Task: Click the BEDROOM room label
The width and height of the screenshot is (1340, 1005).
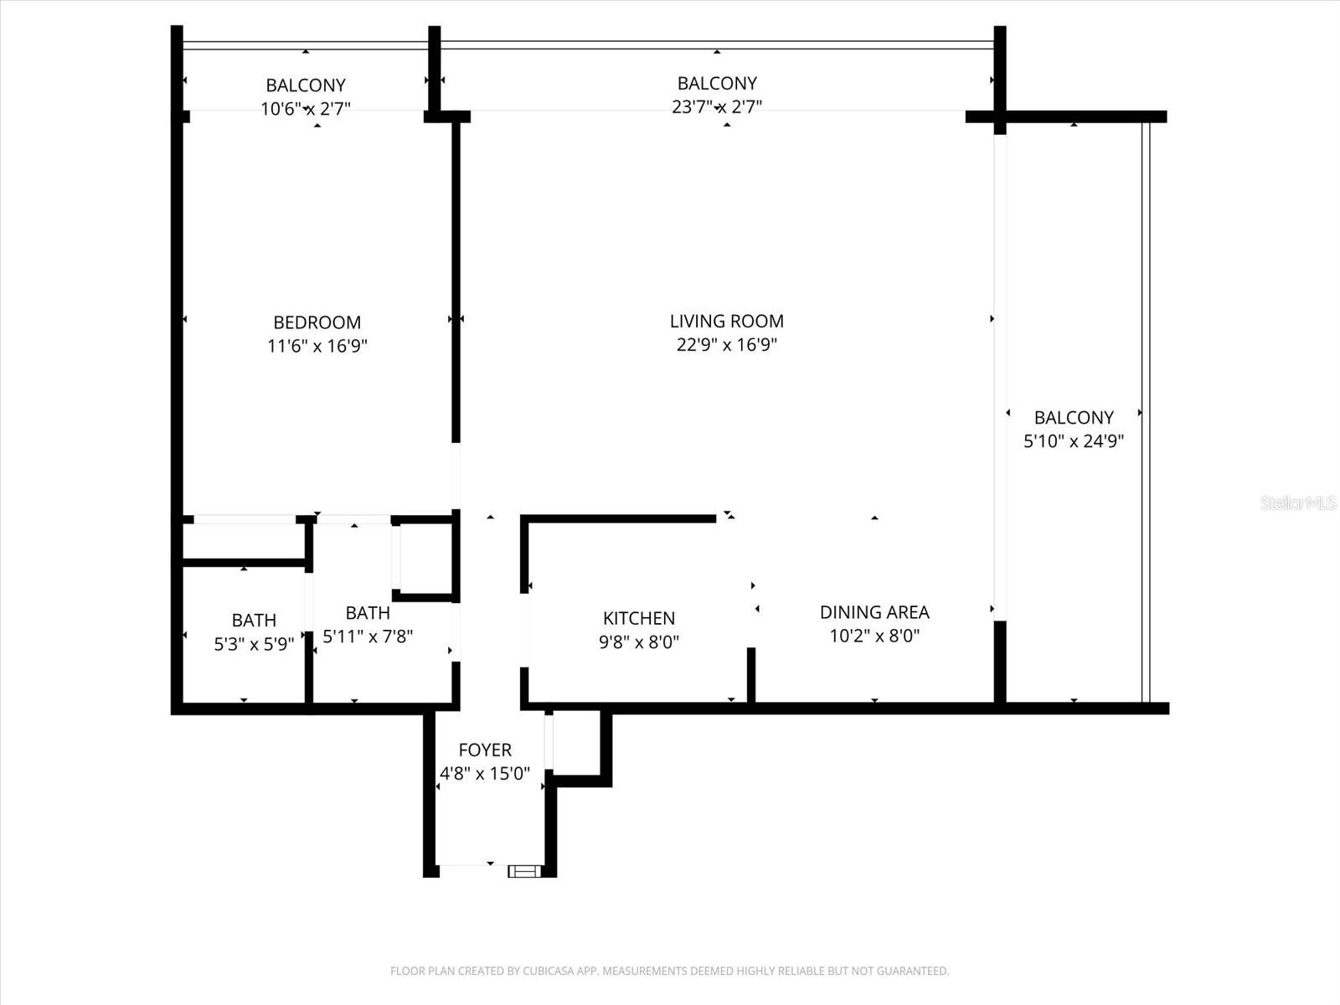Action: [x=317, y=322]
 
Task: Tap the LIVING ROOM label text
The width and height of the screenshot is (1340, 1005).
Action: [x=726, y=321]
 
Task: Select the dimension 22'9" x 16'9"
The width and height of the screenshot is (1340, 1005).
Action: [x=726, y=344]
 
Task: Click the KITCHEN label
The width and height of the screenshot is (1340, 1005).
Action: [x=638, y=618]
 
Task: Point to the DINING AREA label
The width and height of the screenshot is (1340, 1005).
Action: [x=874, y=612]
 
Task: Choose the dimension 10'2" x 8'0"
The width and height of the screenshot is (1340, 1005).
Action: [x=874, y=636]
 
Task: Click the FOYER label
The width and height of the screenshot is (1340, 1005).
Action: [x=484, y=750]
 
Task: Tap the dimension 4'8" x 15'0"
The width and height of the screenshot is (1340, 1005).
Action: [x=484, y=773]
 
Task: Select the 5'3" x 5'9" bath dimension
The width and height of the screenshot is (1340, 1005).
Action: [x=253, y=643]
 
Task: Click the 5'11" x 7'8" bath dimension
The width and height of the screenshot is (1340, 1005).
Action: [x=367, y=636]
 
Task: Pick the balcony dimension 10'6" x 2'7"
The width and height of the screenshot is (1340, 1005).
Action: [x=305, y=108]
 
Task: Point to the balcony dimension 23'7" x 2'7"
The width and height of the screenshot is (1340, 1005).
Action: [x=716, y=106]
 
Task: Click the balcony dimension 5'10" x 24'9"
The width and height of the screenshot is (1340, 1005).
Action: [x=1073, y=441]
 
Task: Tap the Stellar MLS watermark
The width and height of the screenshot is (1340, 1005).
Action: [x=1297, y=502]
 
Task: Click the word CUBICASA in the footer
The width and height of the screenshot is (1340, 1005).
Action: [x=549, y=971]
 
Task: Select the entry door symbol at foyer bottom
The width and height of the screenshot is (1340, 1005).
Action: [x=524, y=872]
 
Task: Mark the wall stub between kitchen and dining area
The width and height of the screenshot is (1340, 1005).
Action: [x=751, y=674]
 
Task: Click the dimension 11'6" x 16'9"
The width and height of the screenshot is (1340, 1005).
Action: [x=317, y=346]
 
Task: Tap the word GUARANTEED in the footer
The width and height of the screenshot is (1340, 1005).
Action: [x=913, y=971]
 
